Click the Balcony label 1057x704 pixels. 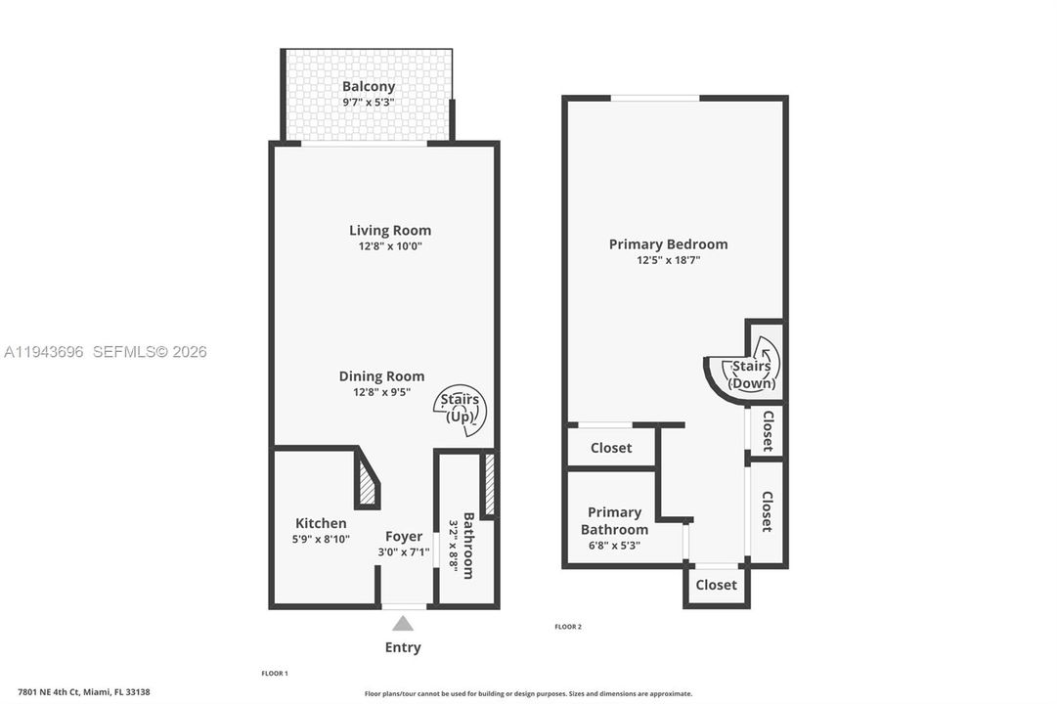pos(368,86)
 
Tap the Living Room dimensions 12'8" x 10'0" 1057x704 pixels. pos(390,246)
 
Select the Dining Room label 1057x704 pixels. pos(381,376)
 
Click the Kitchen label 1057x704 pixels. pos(321,523)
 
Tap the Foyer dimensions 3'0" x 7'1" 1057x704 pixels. pos(404,551)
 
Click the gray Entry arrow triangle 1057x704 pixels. pos(403,623)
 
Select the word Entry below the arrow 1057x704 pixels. pos(403,647)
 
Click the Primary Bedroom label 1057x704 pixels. pos(668,244)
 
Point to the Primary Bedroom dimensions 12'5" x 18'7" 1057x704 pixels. pos(669,260)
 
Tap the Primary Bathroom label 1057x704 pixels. pos(614,521)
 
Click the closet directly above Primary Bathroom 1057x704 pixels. pos(611,447)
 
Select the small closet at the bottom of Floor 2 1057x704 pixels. pos(717,585)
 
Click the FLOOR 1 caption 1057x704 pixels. pos(275,673)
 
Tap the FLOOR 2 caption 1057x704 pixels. pos(568,627)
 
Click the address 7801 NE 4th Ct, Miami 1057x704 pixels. pos(83,692)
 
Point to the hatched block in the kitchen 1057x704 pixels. pos(367,483)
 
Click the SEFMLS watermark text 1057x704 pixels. pos(150,351)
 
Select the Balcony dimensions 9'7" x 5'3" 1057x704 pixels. pos(368,103)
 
